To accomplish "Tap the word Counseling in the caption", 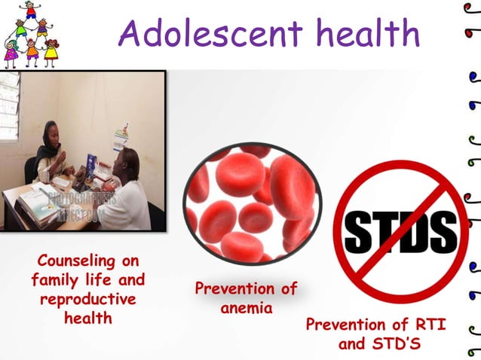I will pos(88,262).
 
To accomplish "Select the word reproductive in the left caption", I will pos(88,299).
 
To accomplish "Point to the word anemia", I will pos(246,307).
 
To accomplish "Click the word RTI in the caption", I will pos(429,325).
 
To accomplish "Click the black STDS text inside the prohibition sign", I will pos(400,230).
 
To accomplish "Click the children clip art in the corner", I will pos(30,34).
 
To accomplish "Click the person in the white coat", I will pos(124,192).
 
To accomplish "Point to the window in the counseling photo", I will pos(9,105).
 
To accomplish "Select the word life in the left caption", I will pos(93,281).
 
